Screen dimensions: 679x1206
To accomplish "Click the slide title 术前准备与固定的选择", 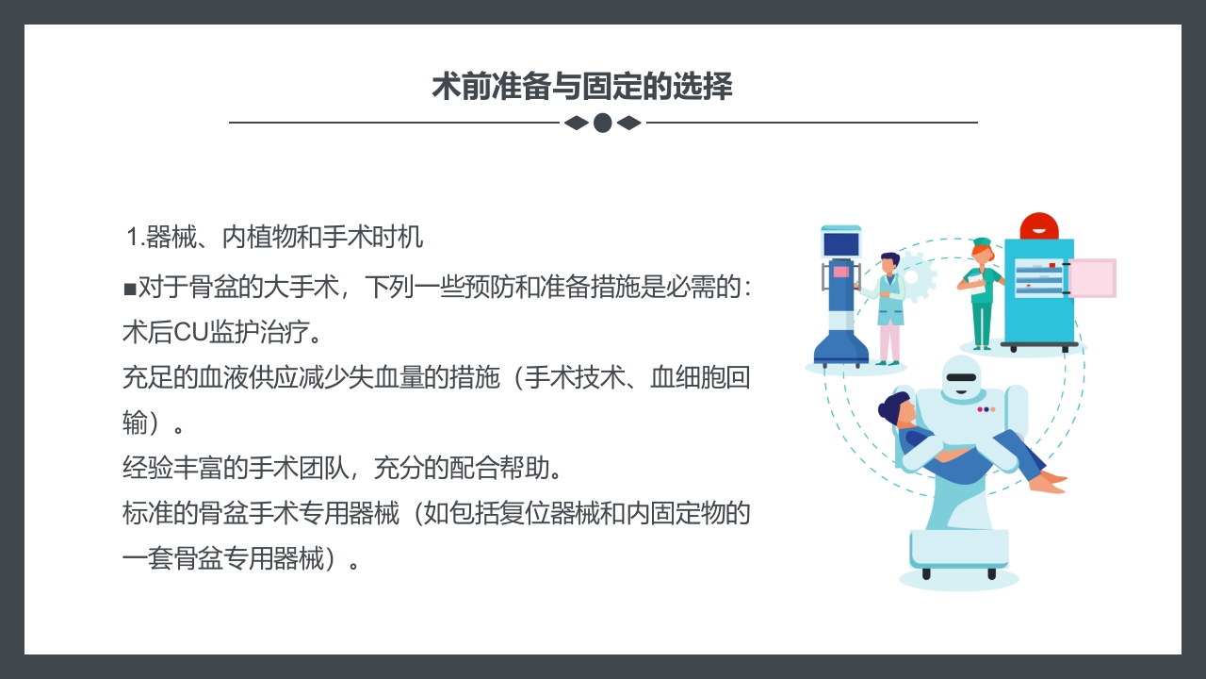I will click(582, 87).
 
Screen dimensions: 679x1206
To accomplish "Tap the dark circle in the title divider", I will click(603, 123).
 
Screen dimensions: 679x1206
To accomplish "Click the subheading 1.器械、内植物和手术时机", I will click(275, 238).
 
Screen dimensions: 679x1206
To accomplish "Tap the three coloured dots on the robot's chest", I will click(986, 409).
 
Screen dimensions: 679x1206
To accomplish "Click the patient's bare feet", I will click(1050, 483).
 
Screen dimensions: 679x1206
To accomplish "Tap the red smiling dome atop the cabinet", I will click(1039, 226).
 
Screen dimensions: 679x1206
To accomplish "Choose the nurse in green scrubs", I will click(981, 292).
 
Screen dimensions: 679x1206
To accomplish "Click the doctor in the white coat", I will click(888, 306).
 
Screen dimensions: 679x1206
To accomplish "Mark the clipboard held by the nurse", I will click(990, 277).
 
